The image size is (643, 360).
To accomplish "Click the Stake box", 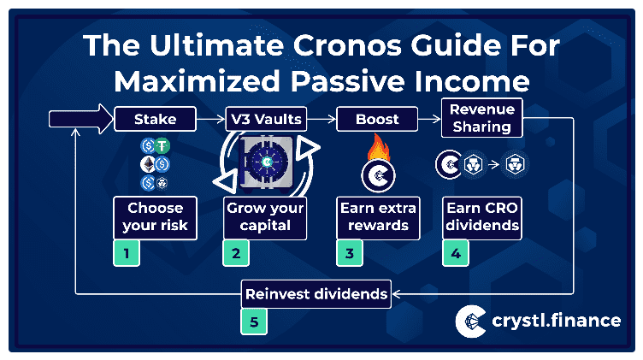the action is tap(155, 119).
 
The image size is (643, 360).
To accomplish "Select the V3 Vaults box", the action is tap(266, 119).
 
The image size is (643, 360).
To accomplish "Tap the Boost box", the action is tap(377, 119).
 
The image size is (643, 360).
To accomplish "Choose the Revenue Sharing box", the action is tap(482, 118).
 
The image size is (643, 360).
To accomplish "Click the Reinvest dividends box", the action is tap(316, 294).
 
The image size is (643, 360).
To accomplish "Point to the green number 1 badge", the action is tap(127, 253).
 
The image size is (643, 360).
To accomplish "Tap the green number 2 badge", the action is tap(236, 253).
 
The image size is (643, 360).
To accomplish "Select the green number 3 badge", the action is tap(350, 253).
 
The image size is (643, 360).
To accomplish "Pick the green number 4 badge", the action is tap(456, 253).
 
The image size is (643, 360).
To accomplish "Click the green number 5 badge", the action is tap(254, 322).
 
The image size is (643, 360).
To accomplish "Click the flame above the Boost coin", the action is tap(378, 147).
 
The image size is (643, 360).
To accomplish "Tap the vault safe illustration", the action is tap(266, 164).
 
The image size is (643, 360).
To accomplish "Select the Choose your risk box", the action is tap(155, 218).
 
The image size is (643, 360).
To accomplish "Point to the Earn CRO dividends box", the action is tap(482, 218).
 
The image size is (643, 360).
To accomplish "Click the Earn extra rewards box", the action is tap(378, 218).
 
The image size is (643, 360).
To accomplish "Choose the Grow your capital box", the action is tap(265, 218).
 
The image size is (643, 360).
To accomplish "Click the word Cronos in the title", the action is tap(347, 45).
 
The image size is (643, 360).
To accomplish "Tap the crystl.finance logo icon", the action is tap(471, 321).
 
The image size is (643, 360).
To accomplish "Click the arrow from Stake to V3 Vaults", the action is tap(211, 119).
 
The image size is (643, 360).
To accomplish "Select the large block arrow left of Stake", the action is tap(80, 119).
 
